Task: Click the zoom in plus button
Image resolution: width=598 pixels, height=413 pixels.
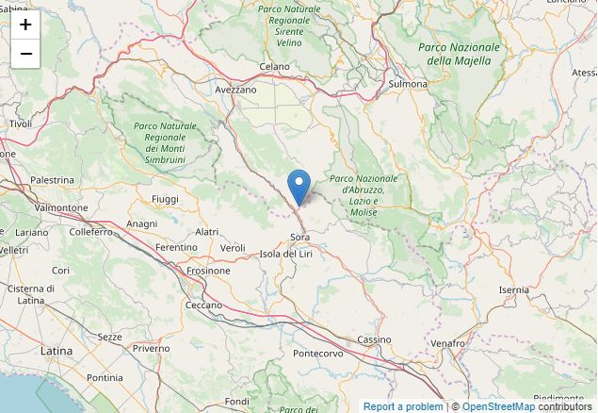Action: point(25,25)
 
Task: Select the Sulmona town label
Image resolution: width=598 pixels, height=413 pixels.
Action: point(408,84)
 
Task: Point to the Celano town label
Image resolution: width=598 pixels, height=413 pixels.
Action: point(274,67)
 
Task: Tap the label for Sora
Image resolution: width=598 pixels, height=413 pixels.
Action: point(299,237)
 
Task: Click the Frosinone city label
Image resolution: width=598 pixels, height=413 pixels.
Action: point(208,271)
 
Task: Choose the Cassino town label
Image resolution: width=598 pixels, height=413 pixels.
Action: point(374,339)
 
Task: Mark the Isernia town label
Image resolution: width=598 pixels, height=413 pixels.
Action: point(514,289)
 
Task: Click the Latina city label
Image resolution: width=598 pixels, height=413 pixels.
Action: point(57,350)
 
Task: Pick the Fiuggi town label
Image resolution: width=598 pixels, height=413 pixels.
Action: point(165,199)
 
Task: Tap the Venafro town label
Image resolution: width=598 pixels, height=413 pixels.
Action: point(447,343)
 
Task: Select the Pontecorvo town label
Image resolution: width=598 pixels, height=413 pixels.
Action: point(318,354)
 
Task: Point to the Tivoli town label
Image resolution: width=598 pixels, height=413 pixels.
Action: point(20,124)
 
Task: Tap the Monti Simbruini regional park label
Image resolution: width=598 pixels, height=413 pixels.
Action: point(166,143)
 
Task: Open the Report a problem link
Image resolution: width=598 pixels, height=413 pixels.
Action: point(403,406)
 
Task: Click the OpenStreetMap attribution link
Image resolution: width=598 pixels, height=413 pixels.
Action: point(498,406)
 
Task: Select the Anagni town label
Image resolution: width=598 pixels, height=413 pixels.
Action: point(141,223)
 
